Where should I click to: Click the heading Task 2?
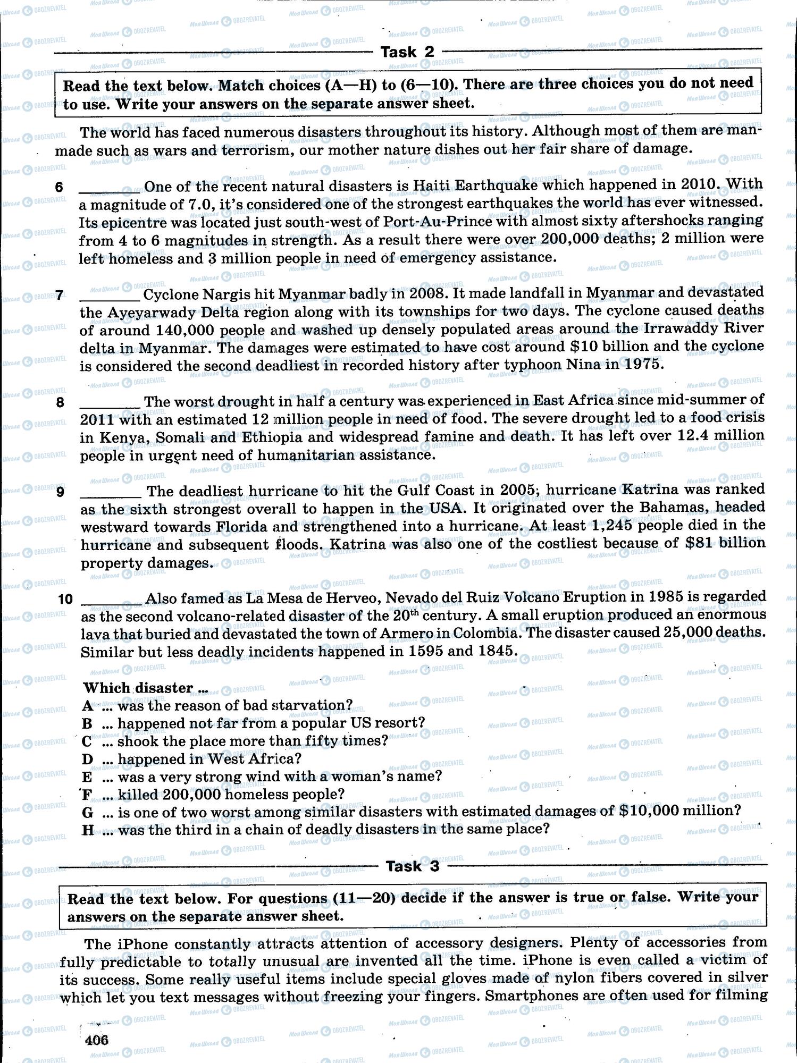point(407,52)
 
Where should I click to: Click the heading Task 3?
point(413,866)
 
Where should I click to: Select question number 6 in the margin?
point(59,187)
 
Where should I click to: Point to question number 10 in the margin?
point(65,599)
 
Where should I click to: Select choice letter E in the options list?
point(87,777)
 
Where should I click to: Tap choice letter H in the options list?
point(88,830)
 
